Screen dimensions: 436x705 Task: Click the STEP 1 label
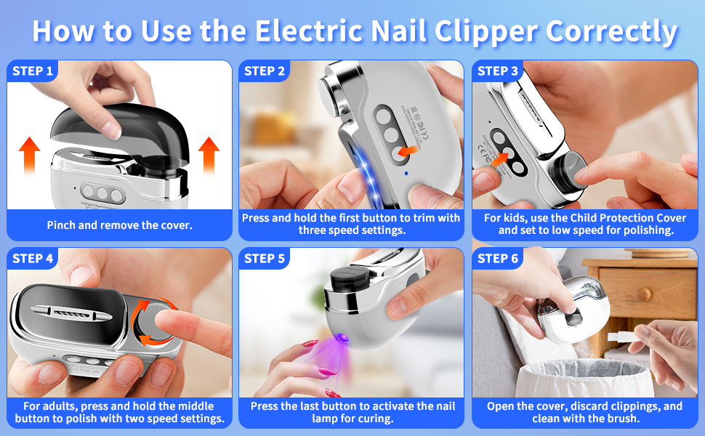click(33, 71)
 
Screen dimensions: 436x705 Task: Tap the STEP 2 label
click(265, 71)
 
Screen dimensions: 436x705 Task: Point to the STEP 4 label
click(33, 259)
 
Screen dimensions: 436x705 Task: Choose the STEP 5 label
click(265, 259)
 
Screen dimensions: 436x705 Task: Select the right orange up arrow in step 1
click(209, 153)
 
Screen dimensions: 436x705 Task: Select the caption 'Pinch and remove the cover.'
click(120, 225)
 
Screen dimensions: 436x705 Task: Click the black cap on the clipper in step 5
click(348, 279)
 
